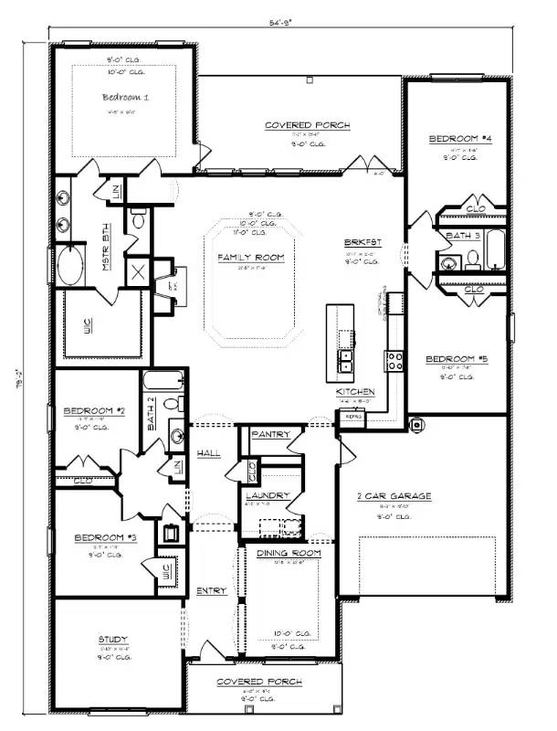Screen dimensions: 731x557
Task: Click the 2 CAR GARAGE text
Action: point(394,496)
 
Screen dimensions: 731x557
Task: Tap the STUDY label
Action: point(112,639)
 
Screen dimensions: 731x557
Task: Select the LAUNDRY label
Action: point(268,495)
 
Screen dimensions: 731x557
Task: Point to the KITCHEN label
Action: point(355,391)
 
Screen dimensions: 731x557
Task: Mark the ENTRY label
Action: point(211,591)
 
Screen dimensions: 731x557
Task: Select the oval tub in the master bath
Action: point(71,269)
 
